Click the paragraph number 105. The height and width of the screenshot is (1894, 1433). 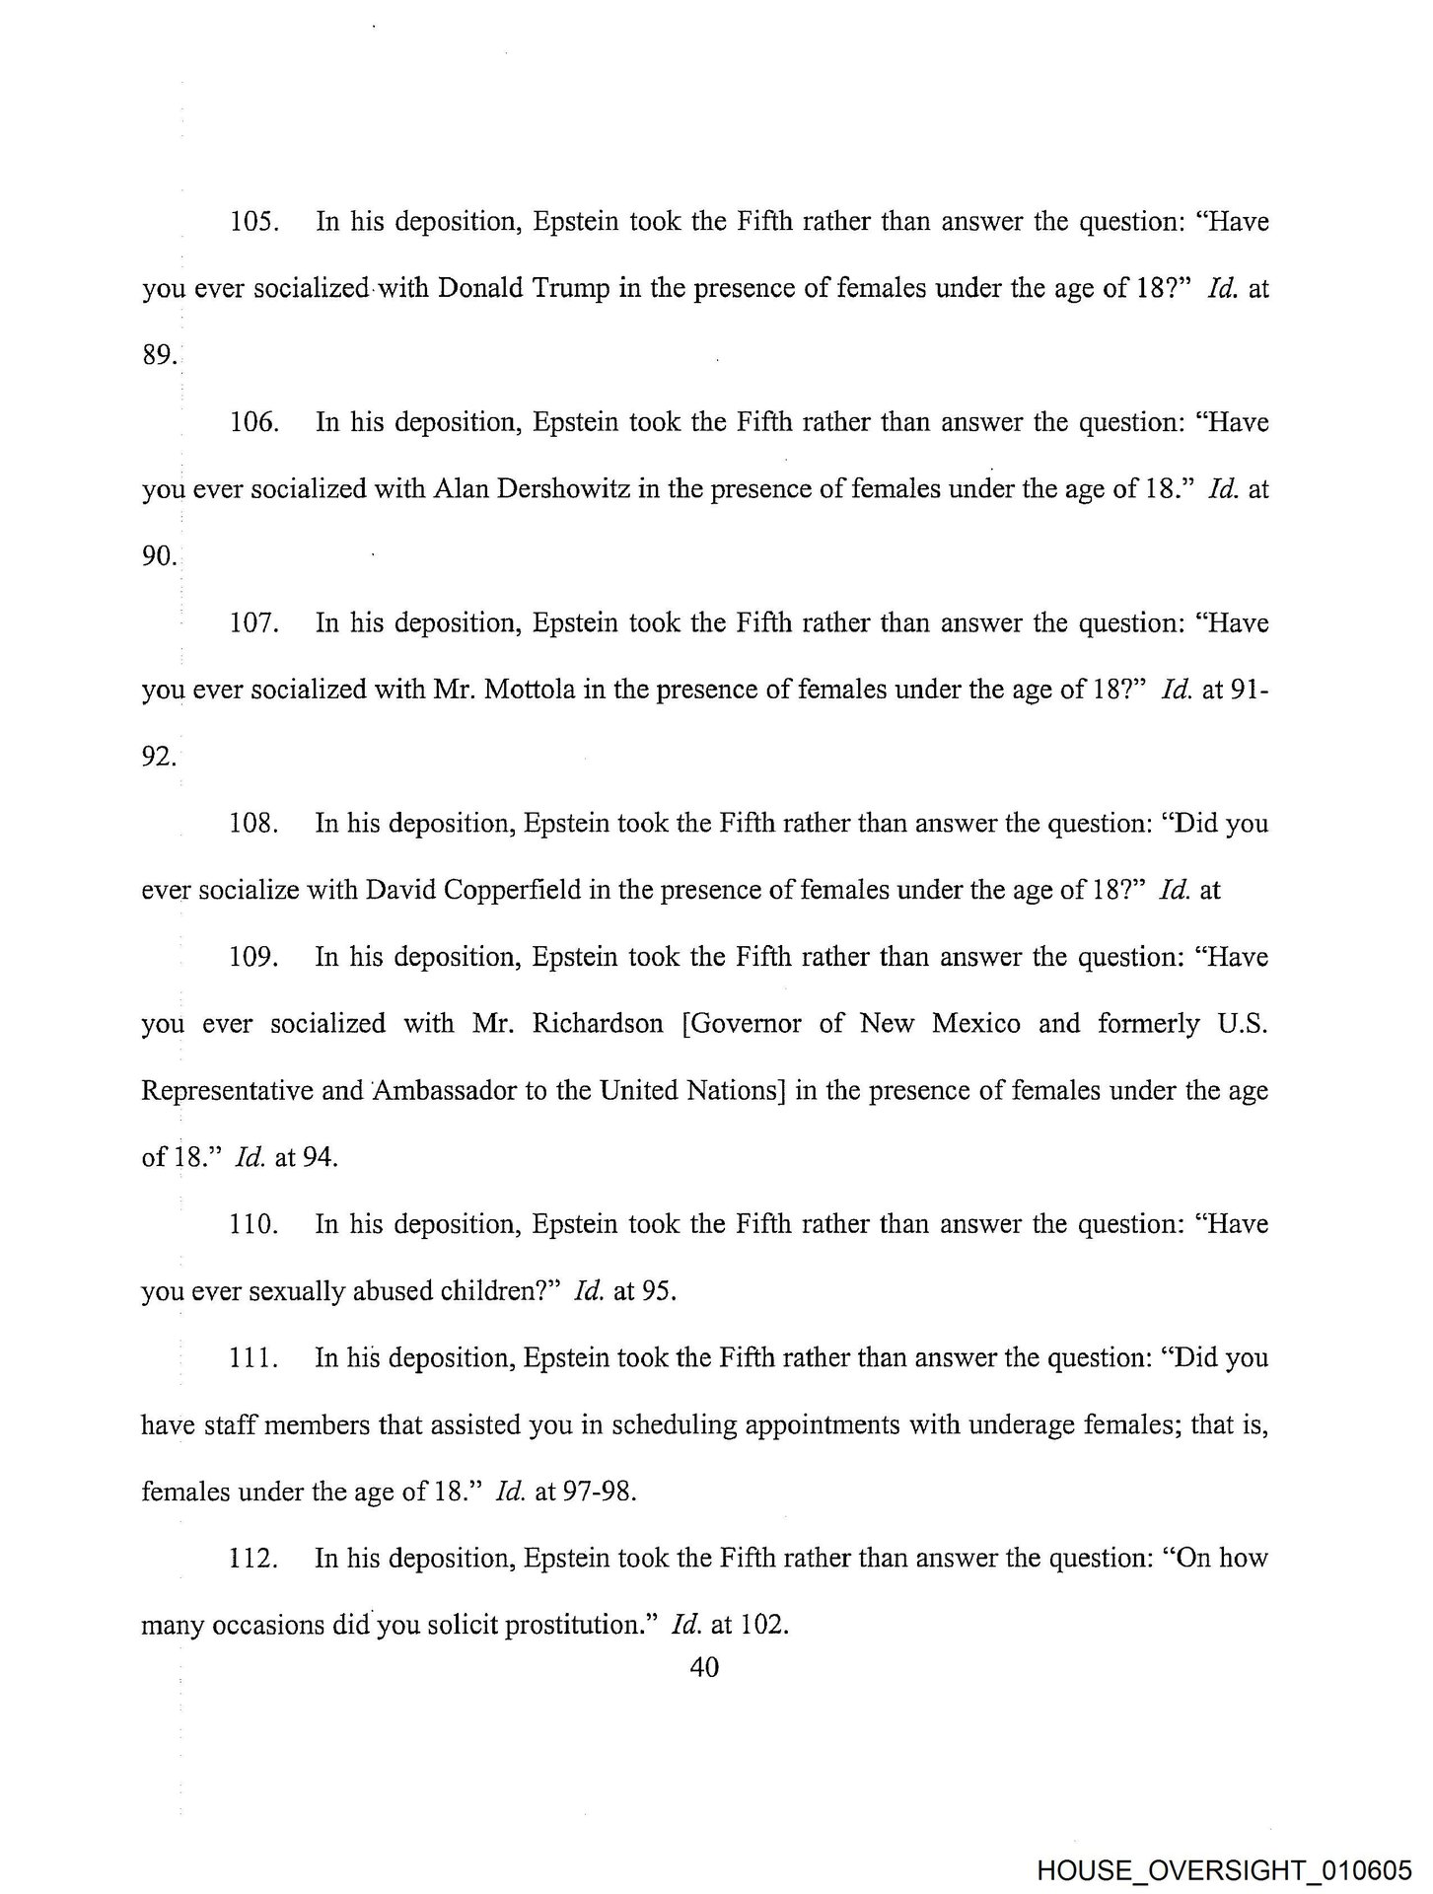pyautogui.click(x=254, y=222)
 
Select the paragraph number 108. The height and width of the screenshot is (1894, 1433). pyautogui.click(x=254, y=824)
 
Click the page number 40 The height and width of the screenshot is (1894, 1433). pyautogui.click(x=705, y=1667)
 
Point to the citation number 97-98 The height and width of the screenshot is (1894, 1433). pyautogui.click(x=598, y=1493)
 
